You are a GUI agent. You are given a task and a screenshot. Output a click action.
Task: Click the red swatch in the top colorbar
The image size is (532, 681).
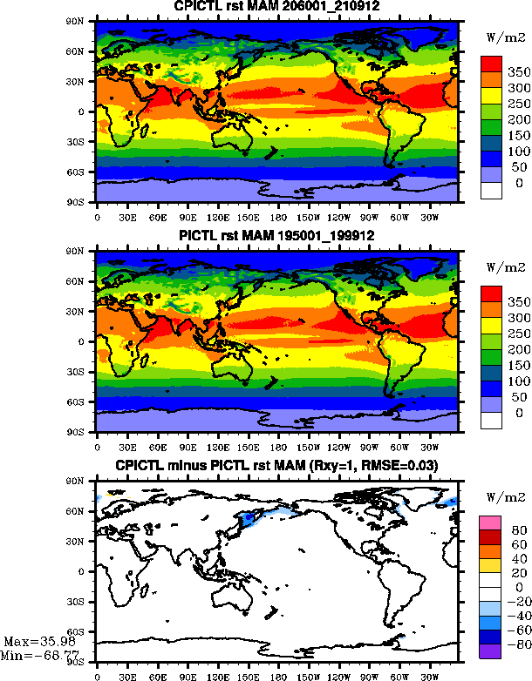pyautogui.click(x=491, y=64)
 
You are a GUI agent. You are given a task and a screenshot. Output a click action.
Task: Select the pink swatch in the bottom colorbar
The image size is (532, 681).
pyautogui.click(x=491, y=521)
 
